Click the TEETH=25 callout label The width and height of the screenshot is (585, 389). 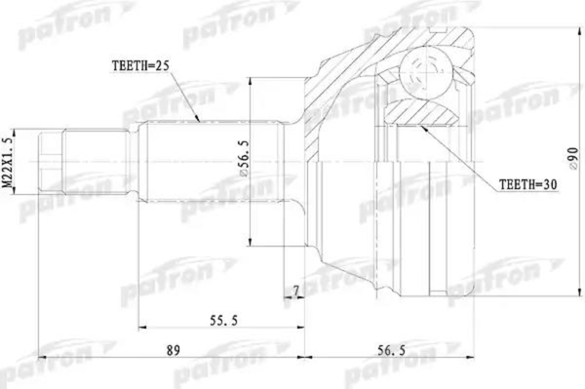pos(140,65)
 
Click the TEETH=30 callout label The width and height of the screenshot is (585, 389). pos(527,184)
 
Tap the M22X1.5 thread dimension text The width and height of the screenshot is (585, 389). pos(7,162)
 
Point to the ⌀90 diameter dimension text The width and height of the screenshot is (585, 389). pos(573,160)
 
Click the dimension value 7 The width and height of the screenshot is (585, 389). pos(296,291)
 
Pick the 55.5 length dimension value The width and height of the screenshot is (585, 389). pos(223,320)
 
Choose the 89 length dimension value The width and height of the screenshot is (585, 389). pos(174,350)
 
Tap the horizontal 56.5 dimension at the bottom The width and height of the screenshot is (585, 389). pos(391,350)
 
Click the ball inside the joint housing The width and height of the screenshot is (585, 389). pos(425,72)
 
